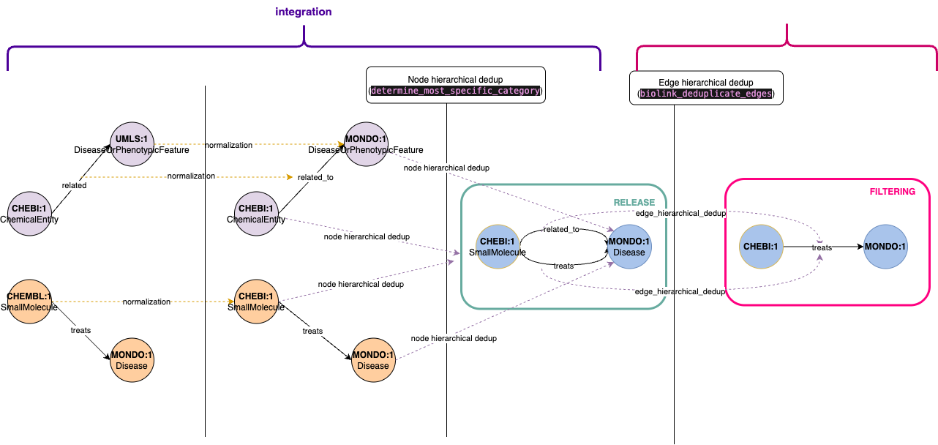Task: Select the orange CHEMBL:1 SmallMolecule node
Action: [x=29, y=301]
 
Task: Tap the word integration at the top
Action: [x=304, y=12]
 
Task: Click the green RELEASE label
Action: [x=634, y=203]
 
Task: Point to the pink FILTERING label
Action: [x=892, y=192]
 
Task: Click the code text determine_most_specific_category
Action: [x=456, y=91]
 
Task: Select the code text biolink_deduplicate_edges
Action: [x=705, y=94]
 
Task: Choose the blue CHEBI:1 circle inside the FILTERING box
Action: [x=762, y=247]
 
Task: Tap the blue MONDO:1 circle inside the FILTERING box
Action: [x=885, y=247]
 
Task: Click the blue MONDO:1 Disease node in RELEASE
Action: [x=629, y=247]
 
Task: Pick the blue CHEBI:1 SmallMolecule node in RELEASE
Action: [x=498, y=247]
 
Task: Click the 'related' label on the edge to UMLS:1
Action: [x=74, y=185]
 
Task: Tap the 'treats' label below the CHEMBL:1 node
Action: [x=80, y=330]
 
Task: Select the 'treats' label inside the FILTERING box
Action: [x=822, y=247]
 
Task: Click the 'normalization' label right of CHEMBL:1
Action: [x=146, y=302]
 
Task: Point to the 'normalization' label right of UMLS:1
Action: [x=229, y=145]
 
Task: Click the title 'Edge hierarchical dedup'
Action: [x=705, y=83]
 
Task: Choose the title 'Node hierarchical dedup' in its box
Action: [x=455, y=79]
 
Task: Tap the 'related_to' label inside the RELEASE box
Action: [x=561, y=229]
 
